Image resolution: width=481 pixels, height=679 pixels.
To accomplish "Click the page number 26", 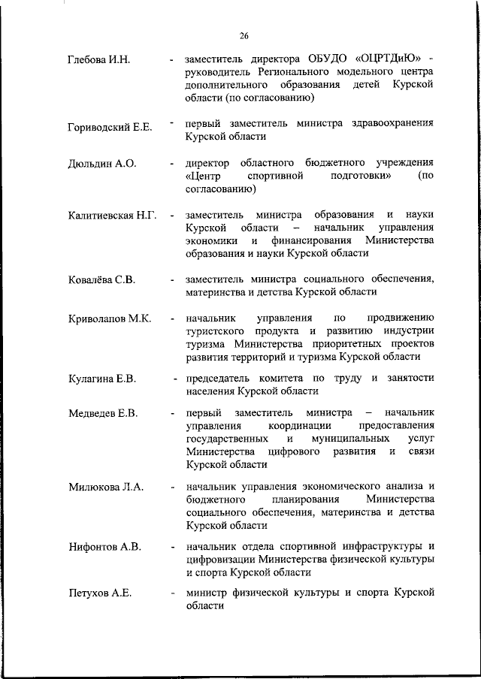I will [244, 36].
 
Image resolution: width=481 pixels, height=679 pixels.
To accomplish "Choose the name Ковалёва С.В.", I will [101, 280].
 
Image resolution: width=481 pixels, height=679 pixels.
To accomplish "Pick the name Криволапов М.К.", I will [109, 318].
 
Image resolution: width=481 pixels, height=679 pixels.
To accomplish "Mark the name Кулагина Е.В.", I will [101, 379].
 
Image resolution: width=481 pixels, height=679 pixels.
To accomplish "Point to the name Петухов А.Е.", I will [99, 593].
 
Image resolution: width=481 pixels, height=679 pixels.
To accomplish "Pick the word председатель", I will [220, 378].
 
